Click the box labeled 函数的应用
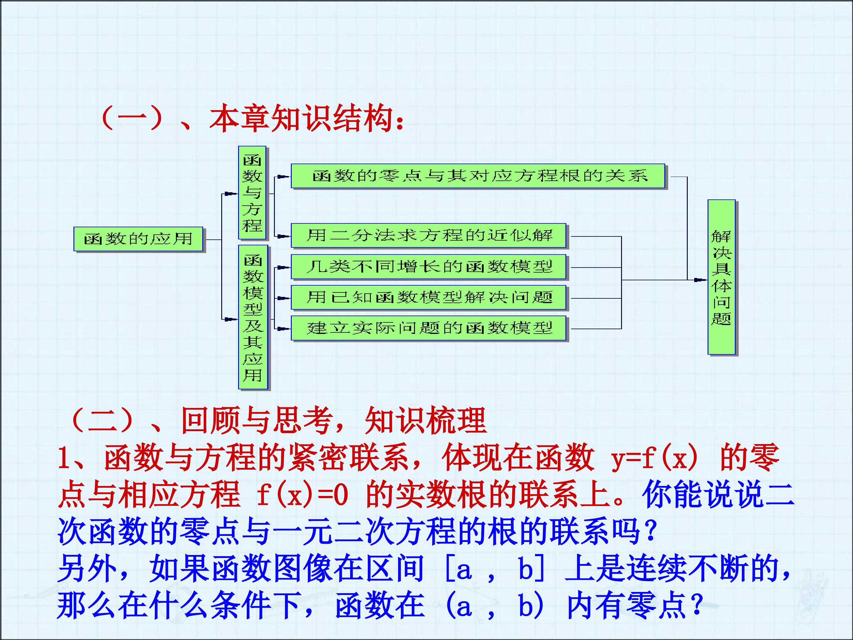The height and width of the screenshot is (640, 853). [x=138, y=239]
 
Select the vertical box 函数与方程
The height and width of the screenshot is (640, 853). [x=252, y=193]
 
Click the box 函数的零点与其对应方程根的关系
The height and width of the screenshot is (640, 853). [x=478, y=176]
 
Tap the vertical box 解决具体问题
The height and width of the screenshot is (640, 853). [x=721, y=277]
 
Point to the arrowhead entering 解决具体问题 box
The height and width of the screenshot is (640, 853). [x=701, y=280]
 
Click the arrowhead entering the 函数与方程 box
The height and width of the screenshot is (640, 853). [x=232, y=194]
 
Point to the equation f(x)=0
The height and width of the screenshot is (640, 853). [x=302, y=495]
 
